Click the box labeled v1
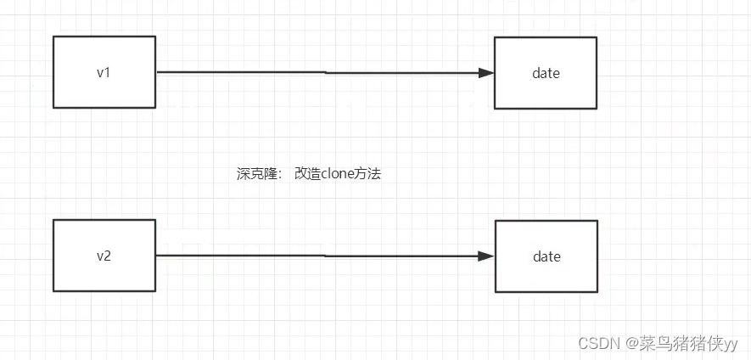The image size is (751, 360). tap(104, 72)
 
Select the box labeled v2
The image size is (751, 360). tap(104, 256)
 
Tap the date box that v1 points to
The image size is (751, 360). tap(546, 73)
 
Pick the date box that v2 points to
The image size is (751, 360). tap(546, 256)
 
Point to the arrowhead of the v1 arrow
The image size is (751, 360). tap(486, 73)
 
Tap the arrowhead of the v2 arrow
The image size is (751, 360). tap(486, 256)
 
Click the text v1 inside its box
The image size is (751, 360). tap(104, 72)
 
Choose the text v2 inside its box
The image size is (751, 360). tap(104, 256)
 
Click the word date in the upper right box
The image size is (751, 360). tap(546, 73)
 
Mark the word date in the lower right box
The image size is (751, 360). tap(546, 256)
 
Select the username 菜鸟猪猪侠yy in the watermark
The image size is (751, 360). tap(692, 343)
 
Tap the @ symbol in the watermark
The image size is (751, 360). tap(632, 343)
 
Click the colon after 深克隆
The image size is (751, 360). tap(280, 175)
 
